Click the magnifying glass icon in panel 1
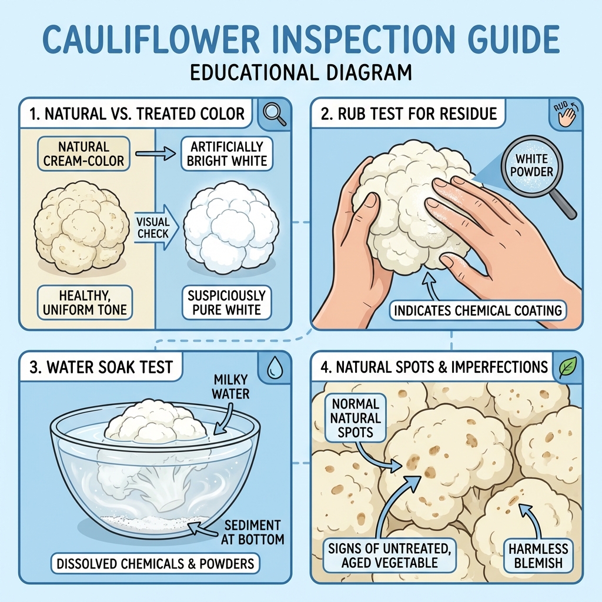click(x=275, y=113)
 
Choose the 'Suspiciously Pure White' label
click(x=226, y=302)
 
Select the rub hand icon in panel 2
click(x=566, y=113)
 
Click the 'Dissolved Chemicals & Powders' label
click(x=155, y=564)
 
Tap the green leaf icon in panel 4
click(x=567, y=367)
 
